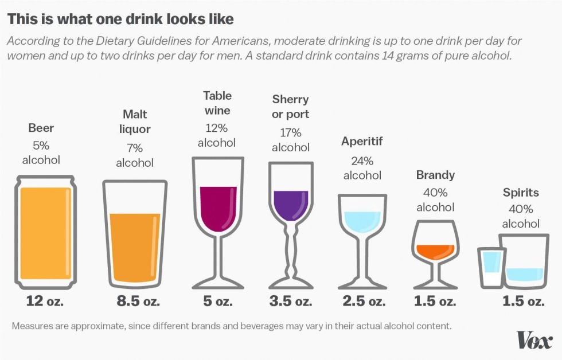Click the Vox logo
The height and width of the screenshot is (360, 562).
tap(534, 340)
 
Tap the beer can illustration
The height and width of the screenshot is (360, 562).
tap(45, 232)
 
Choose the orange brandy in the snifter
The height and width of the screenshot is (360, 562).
tap(435, 251)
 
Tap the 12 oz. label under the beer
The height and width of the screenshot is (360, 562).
tap(45, 301)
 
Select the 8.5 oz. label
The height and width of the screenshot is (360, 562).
tap(135, 301)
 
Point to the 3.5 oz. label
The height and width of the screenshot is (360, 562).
tap(291, 301)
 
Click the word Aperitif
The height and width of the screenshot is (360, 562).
tap(362, 141)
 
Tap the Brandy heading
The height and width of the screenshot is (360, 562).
tap(435, 175)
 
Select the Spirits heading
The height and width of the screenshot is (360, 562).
tap(521, 192)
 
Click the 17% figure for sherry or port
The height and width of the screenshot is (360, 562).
tap(291, 132)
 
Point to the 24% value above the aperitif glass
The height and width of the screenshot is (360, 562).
tap(362, 160)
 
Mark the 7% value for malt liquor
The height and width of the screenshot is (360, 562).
tap(135, 148)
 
